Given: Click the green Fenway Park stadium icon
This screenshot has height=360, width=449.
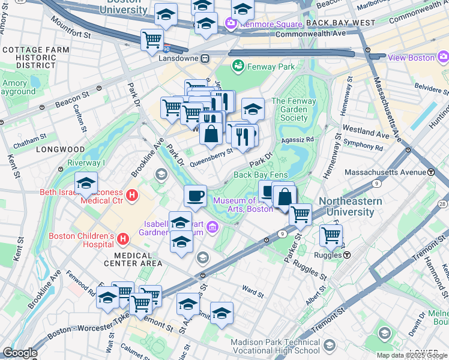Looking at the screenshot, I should tap(237, 65).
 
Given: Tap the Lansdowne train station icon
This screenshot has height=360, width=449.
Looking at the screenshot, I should tap(205, 59).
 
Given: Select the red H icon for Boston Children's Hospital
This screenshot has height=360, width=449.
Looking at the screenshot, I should tap(123, 239).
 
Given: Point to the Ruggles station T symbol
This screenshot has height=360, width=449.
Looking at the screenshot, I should tap(347, 254).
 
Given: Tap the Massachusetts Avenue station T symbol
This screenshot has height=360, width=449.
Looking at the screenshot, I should tap(431, 172).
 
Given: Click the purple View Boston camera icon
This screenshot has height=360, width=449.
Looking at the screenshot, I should tap(443, 58).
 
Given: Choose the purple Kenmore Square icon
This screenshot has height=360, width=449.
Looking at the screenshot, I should tap(231, 24).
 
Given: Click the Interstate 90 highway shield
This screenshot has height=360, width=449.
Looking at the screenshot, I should tap(166, 47).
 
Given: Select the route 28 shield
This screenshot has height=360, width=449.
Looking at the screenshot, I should tap(442, 205).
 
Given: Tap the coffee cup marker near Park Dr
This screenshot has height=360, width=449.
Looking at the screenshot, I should tap(194, 196).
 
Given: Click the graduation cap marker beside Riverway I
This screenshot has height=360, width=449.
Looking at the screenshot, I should tap(86, 182).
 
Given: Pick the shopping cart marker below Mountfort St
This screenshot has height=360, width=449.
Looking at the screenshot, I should tap(152, 40).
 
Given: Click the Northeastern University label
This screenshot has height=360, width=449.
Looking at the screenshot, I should tap(351, 207).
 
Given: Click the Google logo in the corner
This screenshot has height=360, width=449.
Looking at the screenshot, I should tap(20, 353).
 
